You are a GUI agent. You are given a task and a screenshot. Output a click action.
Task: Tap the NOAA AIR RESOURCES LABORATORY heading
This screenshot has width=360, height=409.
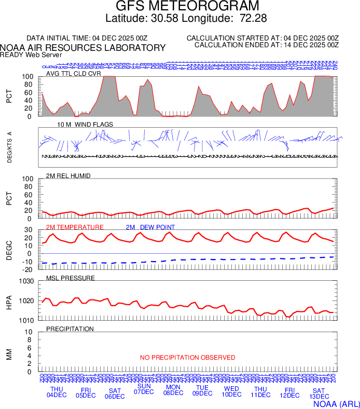pos(83,48)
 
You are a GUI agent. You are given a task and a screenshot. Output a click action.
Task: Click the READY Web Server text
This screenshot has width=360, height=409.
pos(31,54)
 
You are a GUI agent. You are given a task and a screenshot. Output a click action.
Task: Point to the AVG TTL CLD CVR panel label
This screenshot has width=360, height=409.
pos(74,74)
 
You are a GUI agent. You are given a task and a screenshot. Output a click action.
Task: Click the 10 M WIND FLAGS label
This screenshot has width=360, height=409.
pos(85,125)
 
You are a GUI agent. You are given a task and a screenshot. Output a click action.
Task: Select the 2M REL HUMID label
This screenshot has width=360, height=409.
pos(68,176)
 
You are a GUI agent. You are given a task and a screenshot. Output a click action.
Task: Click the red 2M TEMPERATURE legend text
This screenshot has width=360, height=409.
pos(75,227)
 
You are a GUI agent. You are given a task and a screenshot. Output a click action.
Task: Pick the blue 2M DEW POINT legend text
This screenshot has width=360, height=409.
pos(150,227)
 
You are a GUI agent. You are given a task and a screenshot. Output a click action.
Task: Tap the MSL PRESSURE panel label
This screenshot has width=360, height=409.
pos(71,278)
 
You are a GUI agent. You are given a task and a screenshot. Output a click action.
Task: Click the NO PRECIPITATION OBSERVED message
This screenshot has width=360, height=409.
pos(188,358)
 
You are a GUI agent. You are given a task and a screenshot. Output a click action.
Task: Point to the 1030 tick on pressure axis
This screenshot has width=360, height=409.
pos(26,282)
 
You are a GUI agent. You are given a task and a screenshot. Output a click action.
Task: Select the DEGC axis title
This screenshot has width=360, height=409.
pos(9,250)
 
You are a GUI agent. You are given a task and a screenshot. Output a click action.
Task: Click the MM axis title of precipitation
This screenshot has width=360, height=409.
pos(9,353)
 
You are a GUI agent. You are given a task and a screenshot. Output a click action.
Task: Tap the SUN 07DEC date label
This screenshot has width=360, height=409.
pos(144,389)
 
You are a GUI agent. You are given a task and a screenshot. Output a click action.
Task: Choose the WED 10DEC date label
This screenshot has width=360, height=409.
pos(231,392)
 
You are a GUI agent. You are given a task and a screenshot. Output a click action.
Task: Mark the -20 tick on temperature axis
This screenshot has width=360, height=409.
pos(29,269)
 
